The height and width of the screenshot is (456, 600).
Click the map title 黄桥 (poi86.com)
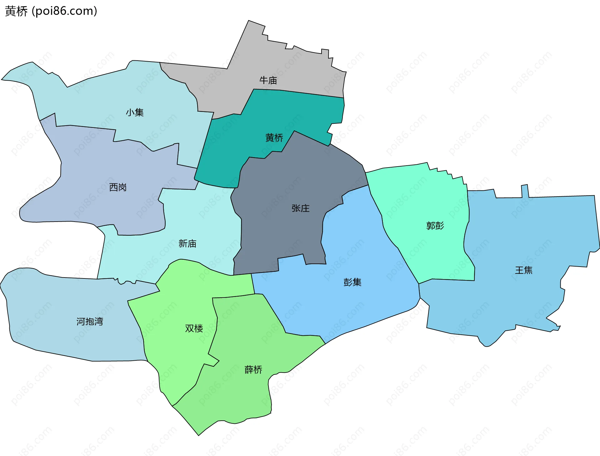pyautogui.click(x=51, y=11)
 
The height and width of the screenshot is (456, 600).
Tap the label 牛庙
pyautogui.click(x=268, y=80)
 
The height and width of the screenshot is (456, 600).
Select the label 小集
pyautogui.click(x=135, y=113)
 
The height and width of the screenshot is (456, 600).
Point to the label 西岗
pyautogui.click(x=118, y=187)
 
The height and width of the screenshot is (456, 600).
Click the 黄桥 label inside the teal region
pyautogui.click(x=274, y=138)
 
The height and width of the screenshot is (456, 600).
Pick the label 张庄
pyautogui.click(x=300, y=208)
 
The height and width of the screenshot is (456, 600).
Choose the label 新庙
pyautogui.click(x=187, y=243)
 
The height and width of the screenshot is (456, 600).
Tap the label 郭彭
pyautogui.click(x=435, y=225)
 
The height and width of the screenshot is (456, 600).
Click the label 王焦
pyautogui.click(x=524, y=270)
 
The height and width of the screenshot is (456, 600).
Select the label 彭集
pyautogui.click(x=352, y=282)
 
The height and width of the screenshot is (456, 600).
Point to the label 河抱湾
pyautogui.click(x=90, y=321)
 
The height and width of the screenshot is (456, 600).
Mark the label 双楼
pyautogui.click(x=194, y=328)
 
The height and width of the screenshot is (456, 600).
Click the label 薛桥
pyautogui.click(x=253, y=370)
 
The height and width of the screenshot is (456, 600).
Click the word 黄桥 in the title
pyautogui.click(x=16, y=11)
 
